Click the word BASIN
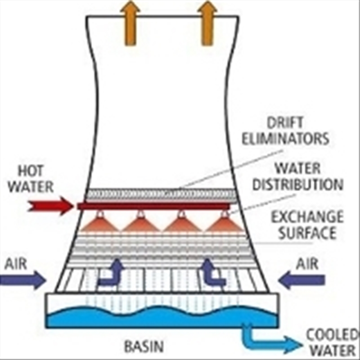point(144,347)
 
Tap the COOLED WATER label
point(332,343)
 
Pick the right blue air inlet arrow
point(301,280)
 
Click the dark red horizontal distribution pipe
point(153,206)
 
